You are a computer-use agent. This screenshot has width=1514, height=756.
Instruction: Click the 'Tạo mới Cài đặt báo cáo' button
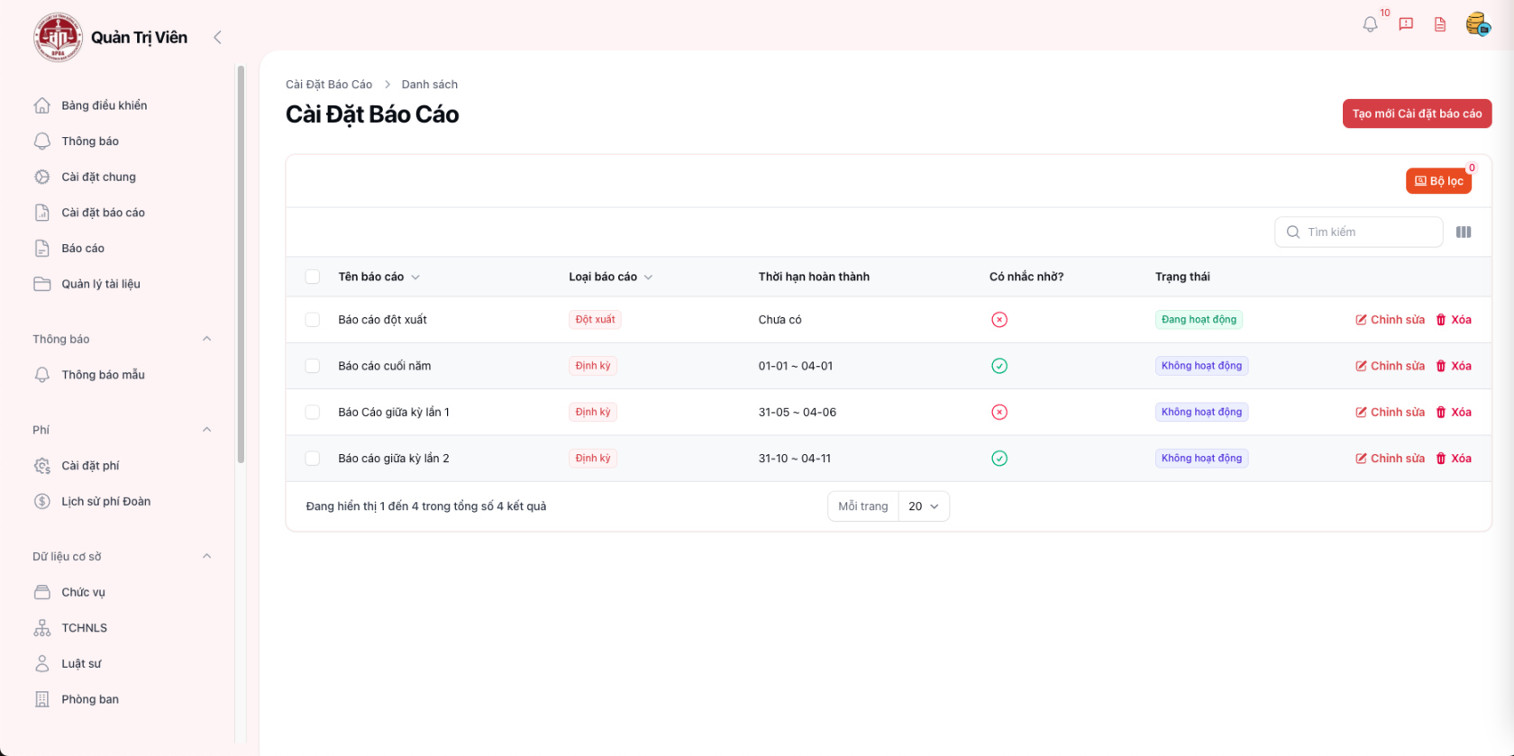tap(1417, 114)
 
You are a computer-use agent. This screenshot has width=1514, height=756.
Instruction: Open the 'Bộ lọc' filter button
tap(1438, 181)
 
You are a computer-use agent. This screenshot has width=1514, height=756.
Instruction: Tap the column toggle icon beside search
tap(1464, 232)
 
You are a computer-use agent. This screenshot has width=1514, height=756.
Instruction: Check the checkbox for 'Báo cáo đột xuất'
tap(313, 320)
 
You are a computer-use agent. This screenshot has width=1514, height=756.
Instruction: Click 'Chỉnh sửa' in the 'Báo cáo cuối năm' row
tap(1390, 366)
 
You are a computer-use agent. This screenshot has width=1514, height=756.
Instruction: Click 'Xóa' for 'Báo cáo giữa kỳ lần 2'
tap(1454, 459)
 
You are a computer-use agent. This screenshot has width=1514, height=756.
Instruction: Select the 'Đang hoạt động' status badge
tap(1199, 320)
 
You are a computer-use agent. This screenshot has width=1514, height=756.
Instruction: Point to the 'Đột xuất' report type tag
tap(595, 320)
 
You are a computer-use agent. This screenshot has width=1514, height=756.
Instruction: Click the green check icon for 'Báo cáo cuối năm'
tap(999, 366)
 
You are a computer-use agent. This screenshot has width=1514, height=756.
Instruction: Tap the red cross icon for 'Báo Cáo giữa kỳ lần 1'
tap(999, 413)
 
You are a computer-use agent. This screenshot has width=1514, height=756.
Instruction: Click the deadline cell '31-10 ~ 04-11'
tap(795, 459)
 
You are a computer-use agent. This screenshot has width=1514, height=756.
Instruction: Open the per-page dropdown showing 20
tap(924, 506)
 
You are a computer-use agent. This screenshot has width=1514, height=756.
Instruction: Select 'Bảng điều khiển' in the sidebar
tap(104, 105)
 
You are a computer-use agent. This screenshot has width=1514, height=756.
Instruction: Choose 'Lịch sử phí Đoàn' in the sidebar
tap(105, 502)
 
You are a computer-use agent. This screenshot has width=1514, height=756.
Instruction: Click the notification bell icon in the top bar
tap(1370, 24)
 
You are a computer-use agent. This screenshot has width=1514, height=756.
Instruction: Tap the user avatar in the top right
tap(1476, 24)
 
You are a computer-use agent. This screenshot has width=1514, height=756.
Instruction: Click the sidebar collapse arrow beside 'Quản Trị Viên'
tap(217, 37)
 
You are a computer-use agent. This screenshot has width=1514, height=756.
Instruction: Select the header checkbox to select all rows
tap(313, 277)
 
